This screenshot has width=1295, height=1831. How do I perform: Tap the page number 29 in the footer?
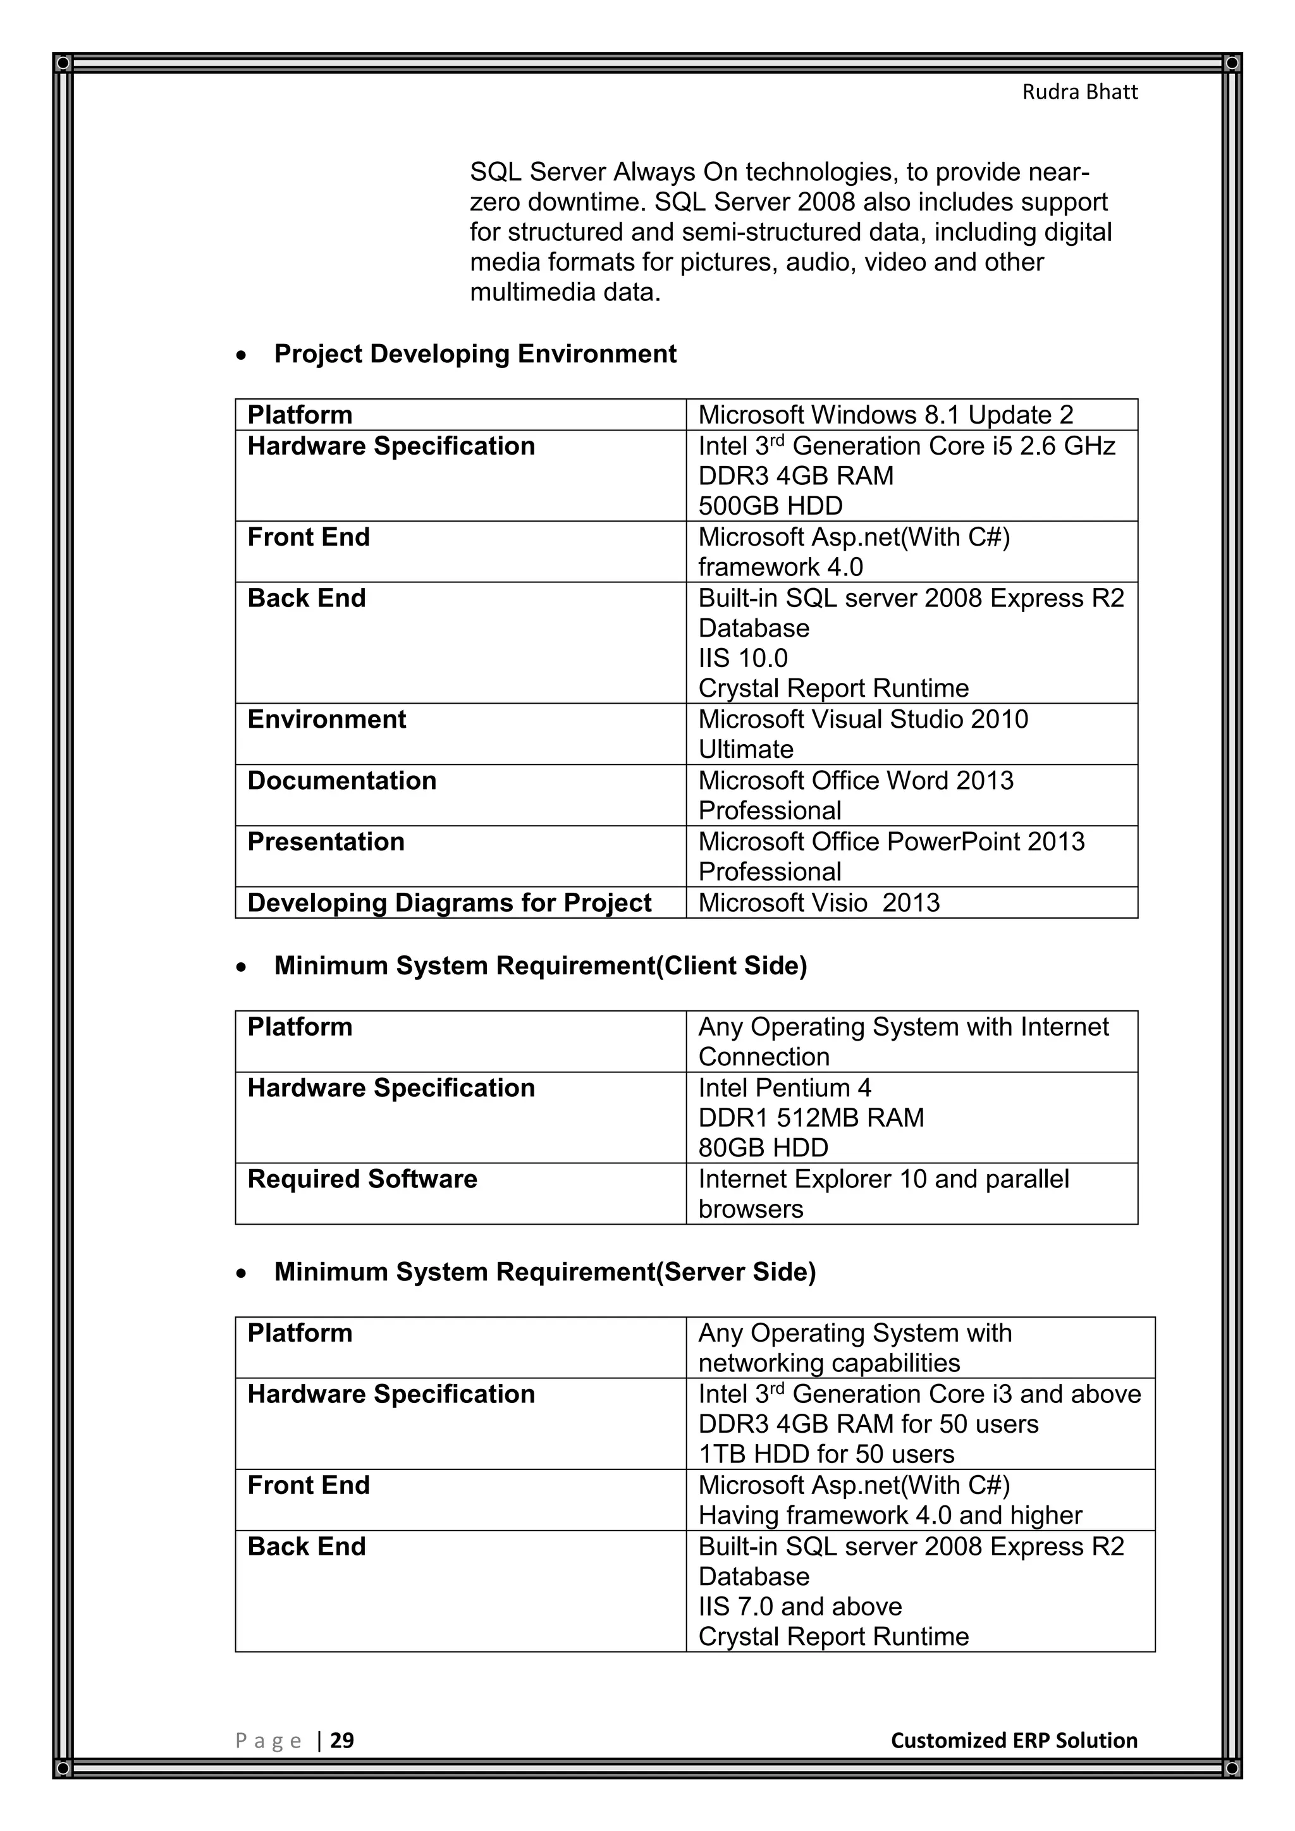(342, 1740)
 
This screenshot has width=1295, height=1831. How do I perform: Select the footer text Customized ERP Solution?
(1014, 1740)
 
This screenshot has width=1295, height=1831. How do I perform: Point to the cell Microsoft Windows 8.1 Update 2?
(885, 415)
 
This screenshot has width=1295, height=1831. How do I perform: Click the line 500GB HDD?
(770, 506)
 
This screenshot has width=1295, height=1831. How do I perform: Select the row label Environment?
(326, 720)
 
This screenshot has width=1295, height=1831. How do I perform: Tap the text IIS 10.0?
(742, 658)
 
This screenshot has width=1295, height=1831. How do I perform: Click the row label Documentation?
(341, 780)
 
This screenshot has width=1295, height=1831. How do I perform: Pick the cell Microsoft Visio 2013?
(818, 903)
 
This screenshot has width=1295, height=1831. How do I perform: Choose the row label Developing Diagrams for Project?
(449, 903)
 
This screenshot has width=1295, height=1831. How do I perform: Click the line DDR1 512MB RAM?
(810, 1117)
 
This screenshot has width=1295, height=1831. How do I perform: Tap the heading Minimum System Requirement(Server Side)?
(544, 1271)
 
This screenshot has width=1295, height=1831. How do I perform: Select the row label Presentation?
(326, 842)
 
